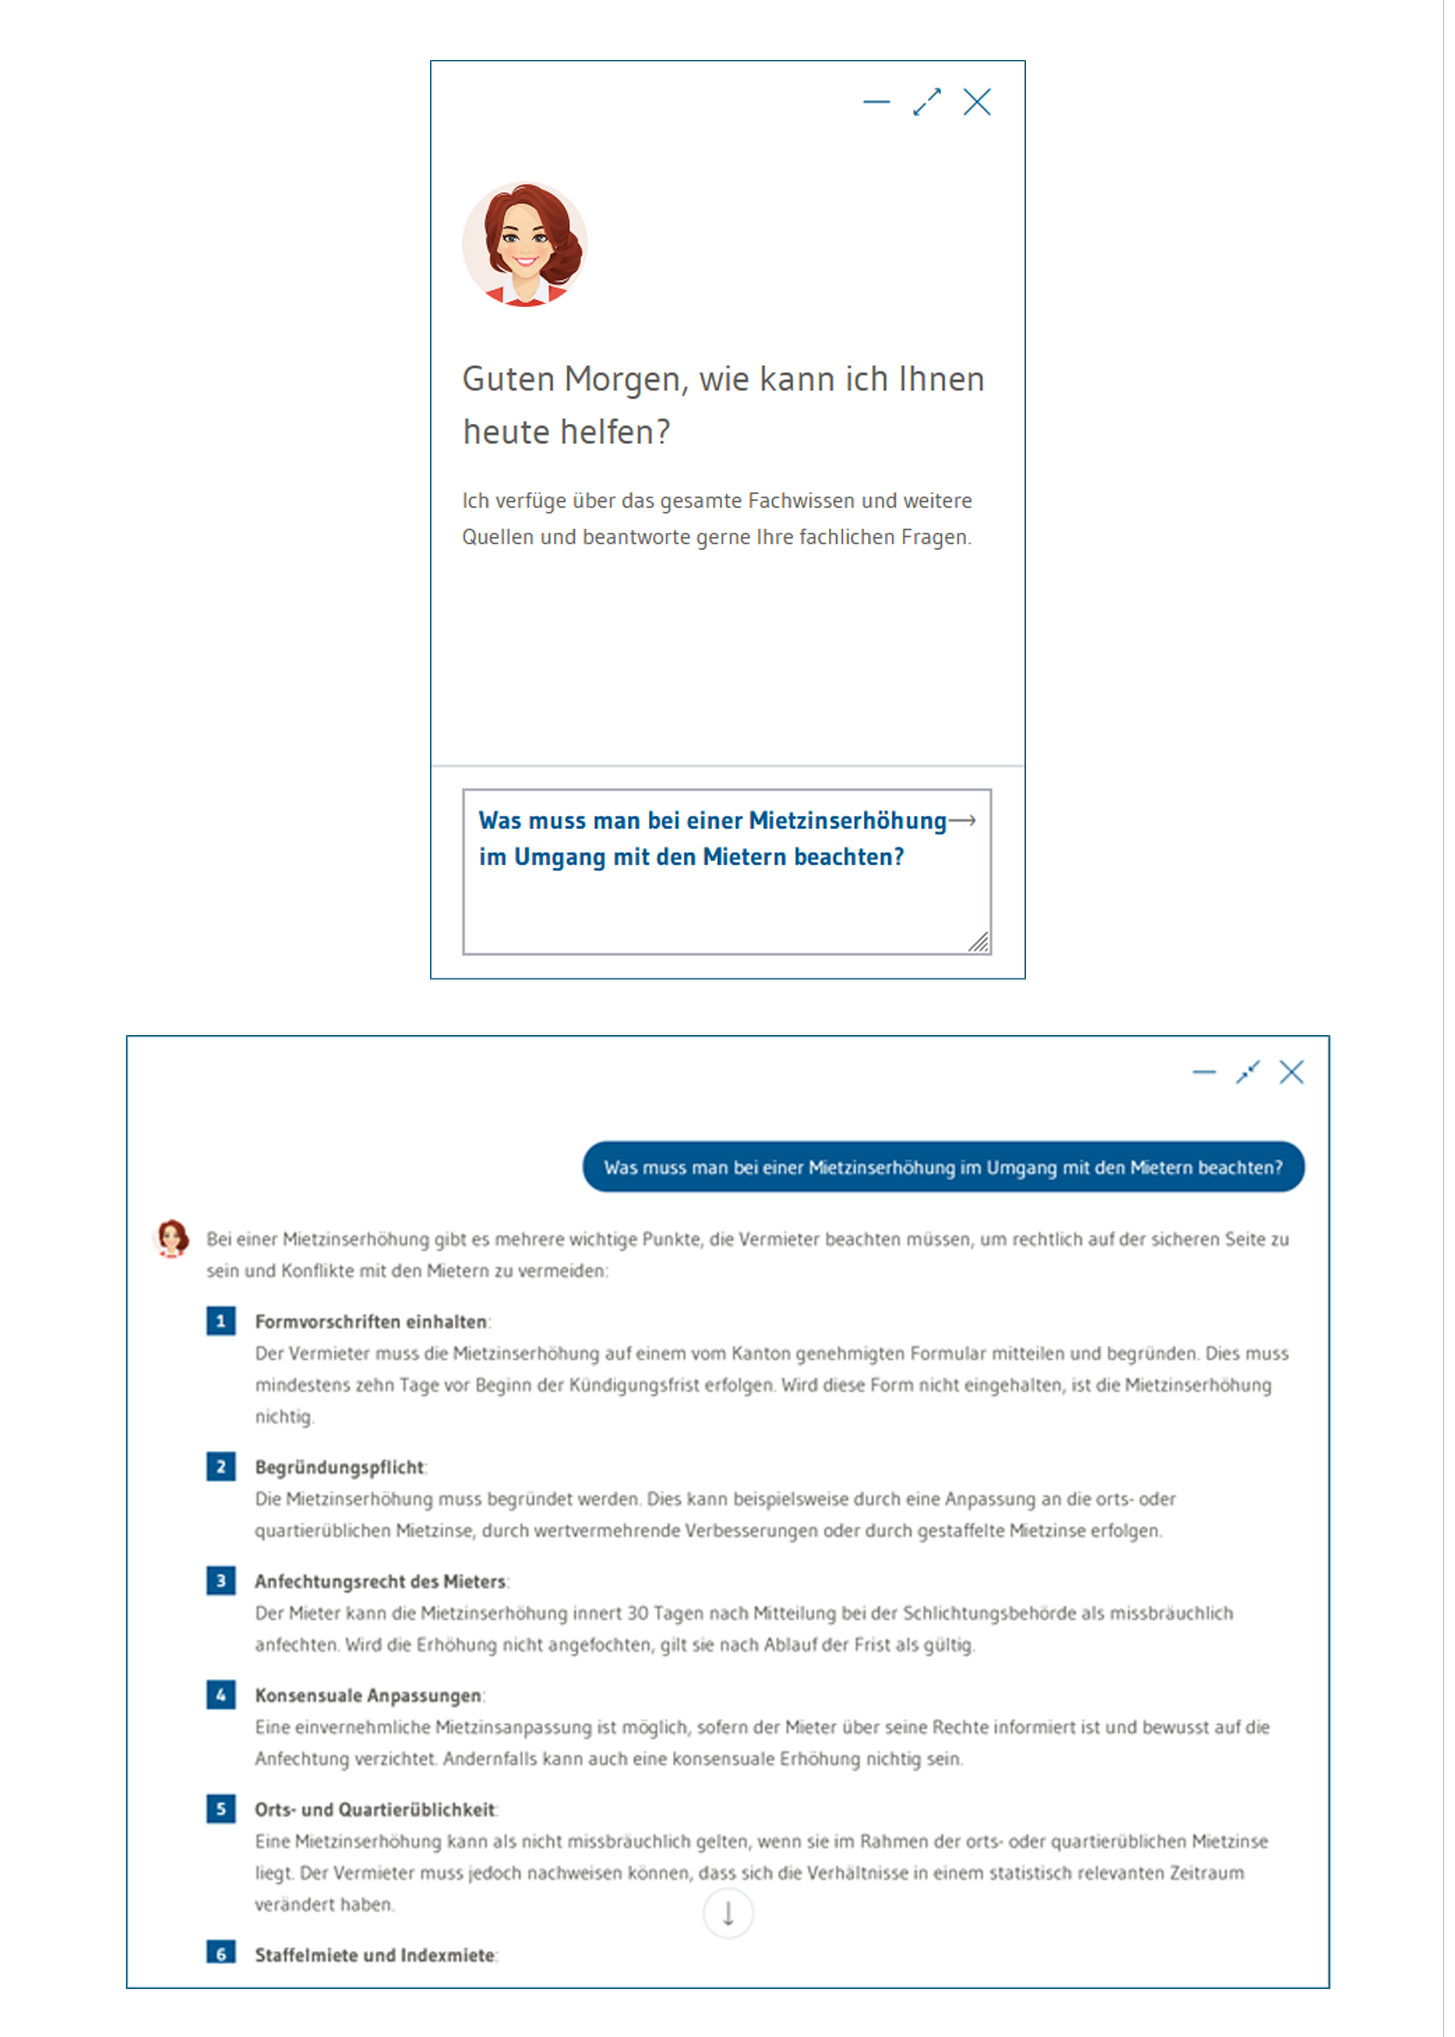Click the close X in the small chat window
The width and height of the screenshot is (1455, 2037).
[x=977, y=102]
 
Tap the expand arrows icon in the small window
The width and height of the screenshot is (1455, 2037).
[x=927, y=102]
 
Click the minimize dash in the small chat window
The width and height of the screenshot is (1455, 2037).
[x=876, y=102]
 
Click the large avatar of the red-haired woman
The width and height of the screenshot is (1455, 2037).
[x=525, y=244]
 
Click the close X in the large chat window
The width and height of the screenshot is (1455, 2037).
[x=1291, y=1072]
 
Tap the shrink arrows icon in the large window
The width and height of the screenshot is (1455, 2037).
[x=1247, y=1072]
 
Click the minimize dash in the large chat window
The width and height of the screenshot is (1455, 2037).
[x=1204, y=1072]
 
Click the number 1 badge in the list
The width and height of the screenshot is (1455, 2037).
[x=221, y=1321]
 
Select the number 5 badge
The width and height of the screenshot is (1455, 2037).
[x=221, y=1809]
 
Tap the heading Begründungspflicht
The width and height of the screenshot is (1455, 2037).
[x=339, y=1467]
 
